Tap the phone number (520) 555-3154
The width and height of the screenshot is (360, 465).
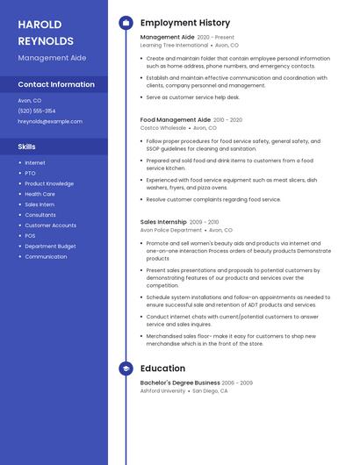tap(37, 111)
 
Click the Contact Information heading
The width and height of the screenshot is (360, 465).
tap(56, 84)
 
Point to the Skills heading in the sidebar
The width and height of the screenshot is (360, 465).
tap(26, 147)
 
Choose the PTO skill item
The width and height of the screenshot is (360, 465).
tap(30, 173)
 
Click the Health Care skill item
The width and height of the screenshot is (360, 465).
tap(40, 194)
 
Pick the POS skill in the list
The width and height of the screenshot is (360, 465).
tap(30, 236)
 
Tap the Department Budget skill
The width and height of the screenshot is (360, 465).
tap(50, 247)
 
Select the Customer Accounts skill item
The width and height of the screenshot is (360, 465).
tap(50, 225)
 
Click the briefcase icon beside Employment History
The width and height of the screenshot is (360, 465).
tap(126, 23)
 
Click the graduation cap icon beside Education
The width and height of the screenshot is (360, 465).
tap(126, 368)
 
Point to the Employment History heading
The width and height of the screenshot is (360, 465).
tap(185, 23)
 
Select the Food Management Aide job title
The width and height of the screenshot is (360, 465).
tap(176, 119)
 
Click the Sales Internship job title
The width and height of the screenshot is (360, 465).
tap(163, 222)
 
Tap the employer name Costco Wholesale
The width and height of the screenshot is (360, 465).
tap(162, 127)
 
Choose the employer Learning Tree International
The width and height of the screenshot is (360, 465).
tap(174, 45)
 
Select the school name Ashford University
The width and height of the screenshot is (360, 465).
tap(162, 390)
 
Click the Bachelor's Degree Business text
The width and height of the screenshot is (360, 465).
tap(180, 383)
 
